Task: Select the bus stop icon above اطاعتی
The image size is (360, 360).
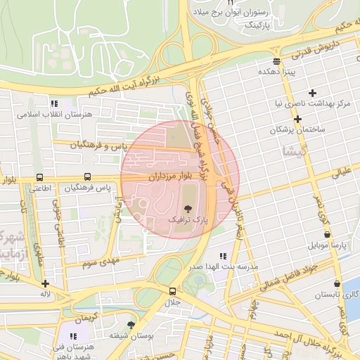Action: [x=39, y=177]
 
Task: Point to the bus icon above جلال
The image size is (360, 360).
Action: [x=172, y=290]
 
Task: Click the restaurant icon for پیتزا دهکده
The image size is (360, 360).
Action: [x=277, y=61]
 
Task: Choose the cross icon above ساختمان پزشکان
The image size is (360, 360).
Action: [x=298, y=119]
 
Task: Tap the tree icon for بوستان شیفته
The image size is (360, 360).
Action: [x=131, y=324]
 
